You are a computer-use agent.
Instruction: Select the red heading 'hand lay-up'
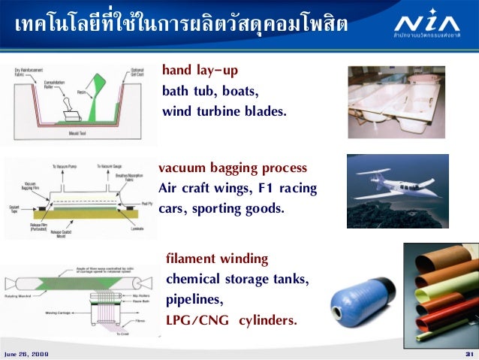point(200,72)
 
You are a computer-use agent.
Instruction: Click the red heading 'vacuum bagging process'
point(233,167)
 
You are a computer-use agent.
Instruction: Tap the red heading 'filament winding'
point(217,259)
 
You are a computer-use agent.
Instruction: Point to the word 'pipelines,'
point(194,300)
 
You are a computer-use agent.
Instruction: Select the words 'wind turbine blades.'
point(224,112)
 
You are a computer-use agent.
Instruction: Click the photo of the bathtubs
point(396,101)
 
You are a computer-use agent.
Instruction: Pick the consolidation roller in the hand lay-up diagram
point(68,100)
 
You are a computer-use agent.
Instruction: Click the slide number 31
point(468,353)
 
